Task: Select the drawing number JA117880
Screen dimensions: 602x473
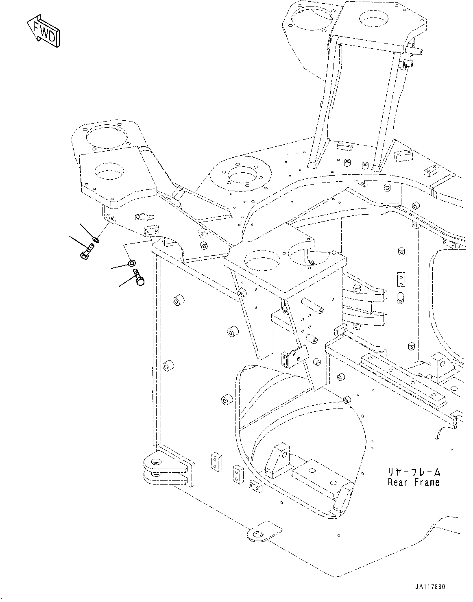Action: tap(430, 587)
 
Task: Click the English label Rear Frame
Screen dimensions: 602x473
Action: tap(414, 482)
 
